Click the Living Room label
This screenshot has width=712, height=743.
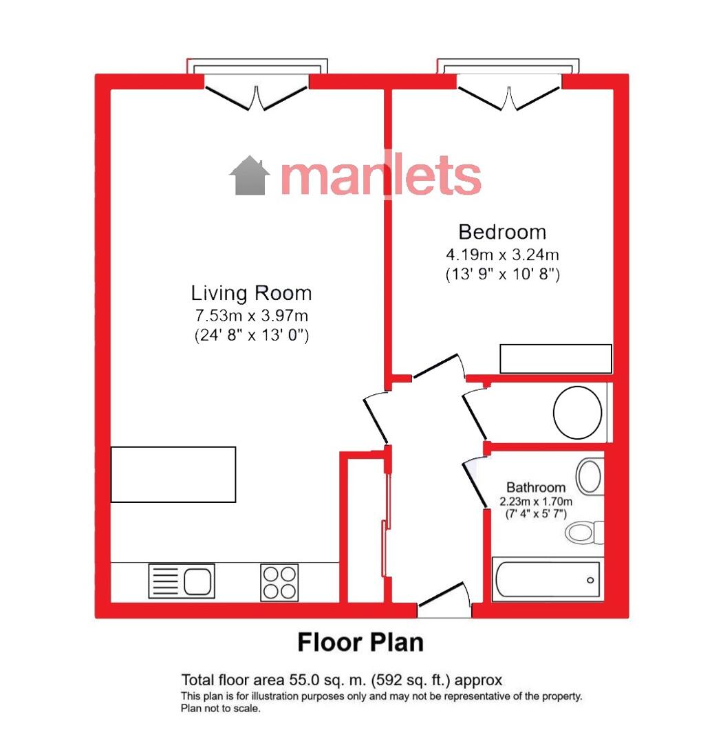click(x=251, y=293)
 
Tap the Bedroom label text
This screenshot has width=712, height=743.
click(x=502, y=233)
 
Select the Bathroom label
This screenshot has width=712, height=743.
click(x=536, y=487)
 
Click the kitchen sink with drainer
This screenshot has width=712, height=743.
click(x=182, y=581)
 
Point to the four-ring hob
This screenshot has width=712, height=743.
click(x=279, y=583)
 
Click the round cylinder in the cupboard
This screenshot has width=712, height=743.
click(x=577, y=412)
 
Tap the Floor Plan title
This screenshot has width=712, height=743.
click(x=360, y=643)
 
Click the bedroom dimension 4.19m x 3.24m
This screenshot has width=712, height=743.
click(x=502, y=255)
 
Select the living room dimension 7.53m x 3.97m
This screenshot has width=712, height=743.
click(x=252, y=316)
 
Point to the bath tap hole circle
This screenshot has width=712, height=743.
click(x=590, y=580)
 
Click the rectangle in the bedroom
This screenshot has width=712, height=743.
click(x=556, y=358)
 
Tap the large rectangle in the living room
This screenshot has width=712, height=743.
click(x=173, y=474)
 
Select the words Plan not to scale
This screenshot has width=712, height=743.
click(x=220, y=709)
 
